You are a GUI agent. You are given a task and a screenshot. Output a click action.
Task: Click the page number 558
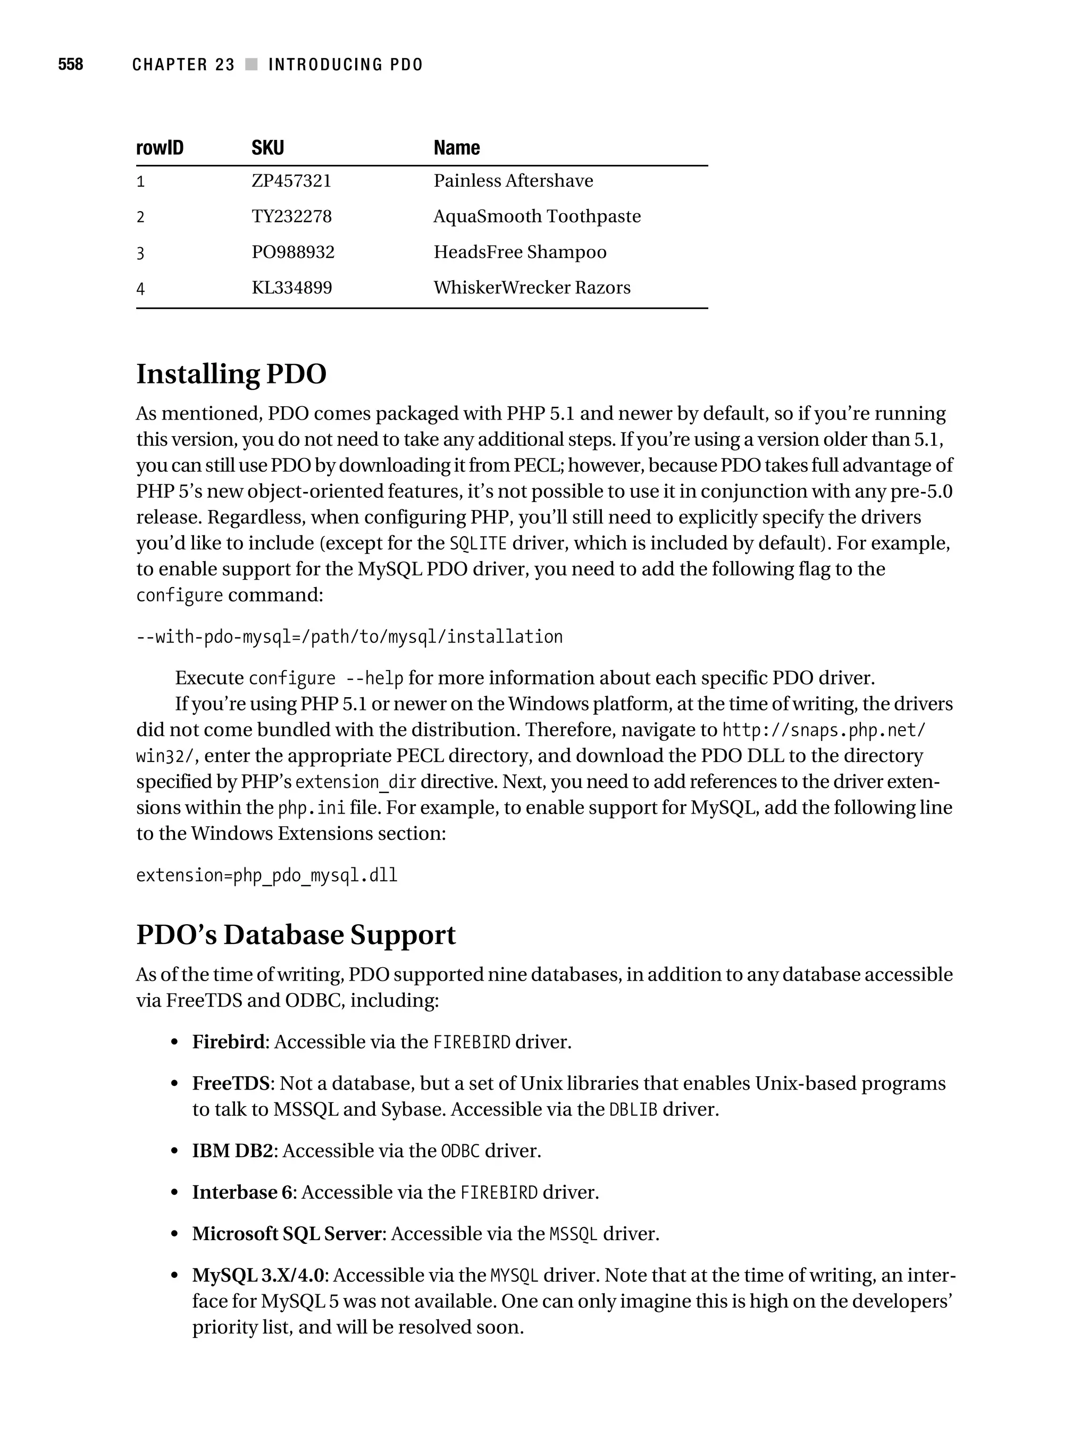tap(70, 64)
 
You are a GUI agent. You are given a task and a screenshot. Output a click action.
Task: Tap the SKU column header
tap(267, 148)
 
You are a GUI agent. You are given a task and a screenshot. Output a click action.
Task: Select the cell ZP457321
tap(291, 181)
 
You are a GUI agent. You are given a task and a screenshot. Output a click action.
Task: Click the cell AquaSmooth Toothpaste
tap(537, 216)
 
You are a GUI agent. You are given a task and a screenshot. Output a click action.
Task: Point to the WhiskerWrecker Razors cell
tap(532, 288)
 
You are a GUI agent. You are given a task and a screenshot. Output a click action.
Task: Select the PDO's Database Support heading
tap(295, 935)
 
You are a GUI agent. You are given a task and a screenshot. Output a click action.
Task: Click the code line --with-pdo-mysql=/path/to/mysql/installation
tap(349, 637)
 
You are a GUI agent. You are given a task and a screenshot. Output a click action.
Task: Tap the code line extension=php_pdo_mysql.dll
tap(267, 876)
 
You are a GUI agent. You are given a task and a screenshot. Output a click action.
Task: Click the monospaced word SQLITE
tap(478, 543)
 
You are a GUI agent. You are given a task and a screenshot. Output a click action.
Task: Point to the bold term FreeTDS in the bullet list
tap(230, 1084)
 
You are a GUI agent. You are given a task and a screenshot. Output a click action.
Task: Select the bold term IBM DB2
tap(232, 1151)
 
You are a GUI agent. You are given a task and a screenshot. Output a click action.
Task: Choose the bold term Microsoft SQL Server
tap(286, 1234)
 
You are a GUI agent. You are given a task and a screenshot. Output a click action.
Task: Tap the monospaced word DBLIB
tap(633, 1110)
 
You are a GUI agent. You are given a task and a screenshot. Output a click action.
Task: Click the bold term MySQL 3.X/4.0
tap(257, 1276)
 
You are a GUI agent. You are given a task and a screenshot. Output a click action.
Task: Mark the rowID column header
tap(160, 148)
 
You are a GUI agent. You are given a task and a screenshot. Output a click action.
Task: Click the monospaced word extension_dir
tap(355, 782)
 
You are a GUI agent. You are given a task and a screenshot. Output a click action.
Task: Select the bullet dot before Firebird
tap(174, 1043)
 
